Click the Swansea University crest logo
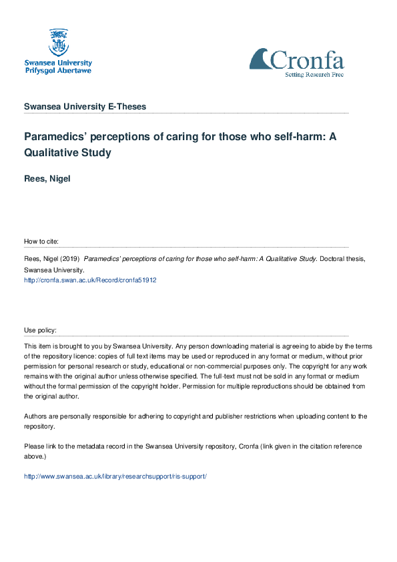(58, 41)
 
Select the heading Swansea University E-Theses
(85, 107)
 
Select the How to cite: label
(41, 241)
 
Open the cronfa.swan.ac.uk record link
(90, 280)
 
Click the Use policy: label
(40, 330)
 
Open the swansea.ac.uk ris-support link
(115, 476)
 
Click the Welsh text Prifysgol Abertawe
(58, 70)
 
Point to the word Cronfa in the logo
(307, 61)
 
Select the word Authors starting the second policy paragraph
(35, 416)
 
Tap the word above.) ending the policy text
(35, 456)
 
